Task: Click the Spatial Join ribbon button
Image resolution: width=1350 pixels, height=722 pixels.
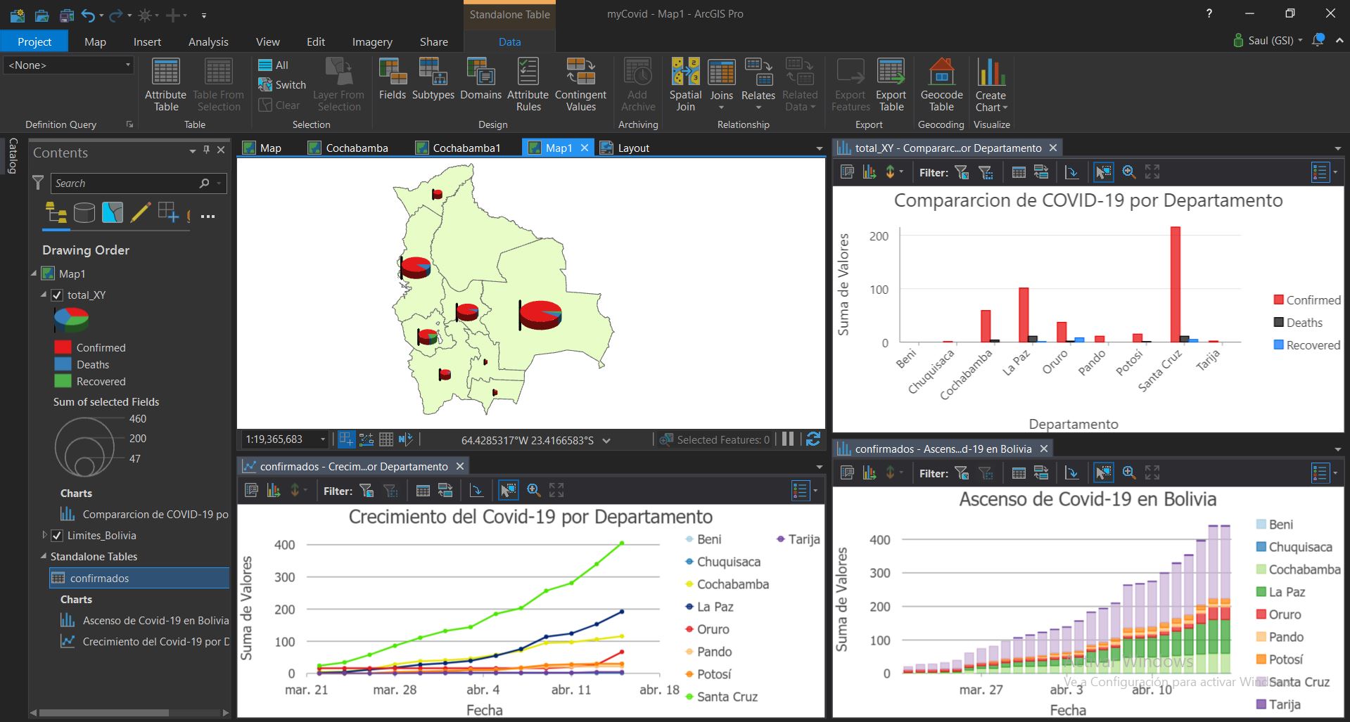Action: click(685, 85)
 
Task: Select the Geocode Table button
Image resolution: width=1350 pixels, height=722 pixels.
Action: click(941, 85)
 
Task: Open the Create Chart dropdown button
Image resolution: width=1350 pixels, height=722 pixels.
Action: click(991, 85)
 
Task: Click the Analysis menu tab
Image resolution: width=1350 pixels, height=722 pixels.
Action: click(208, 41)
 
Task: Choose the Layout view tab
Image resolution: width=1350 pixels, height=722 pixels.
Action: click(633, 148)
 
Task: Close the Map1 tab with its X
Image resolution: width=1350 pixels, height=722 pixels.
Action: click(585, 148)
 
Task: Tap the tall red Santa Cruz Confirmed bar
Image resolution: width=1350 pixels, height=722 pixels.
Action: click(1175, 284)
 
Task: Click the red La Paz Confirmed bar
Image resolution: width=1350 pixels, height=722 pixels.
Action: click(1024, 315)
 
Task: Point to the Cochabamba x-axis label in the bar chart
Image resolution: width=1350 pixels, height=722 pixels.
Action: click(967, 374)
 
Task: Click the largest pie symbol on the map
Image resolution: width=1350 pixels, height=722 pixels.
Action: click(541, 314)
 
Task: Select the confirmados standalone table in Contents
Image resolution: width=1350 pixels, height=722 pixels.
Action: click(99, 578)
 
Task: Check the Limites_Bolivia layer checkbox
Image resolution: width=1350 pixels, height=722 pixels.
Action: click(57, 536)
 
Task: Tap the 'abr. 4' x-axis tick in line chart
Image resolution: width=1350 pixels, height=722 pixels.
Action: click(483, 690)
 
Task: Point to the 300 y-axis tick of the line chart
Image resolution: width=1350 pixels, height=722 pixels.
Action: click(284, 577)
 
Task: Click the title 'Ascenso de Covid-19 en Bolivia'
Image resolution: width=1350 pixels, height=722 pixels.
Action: click(1088, 499)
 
